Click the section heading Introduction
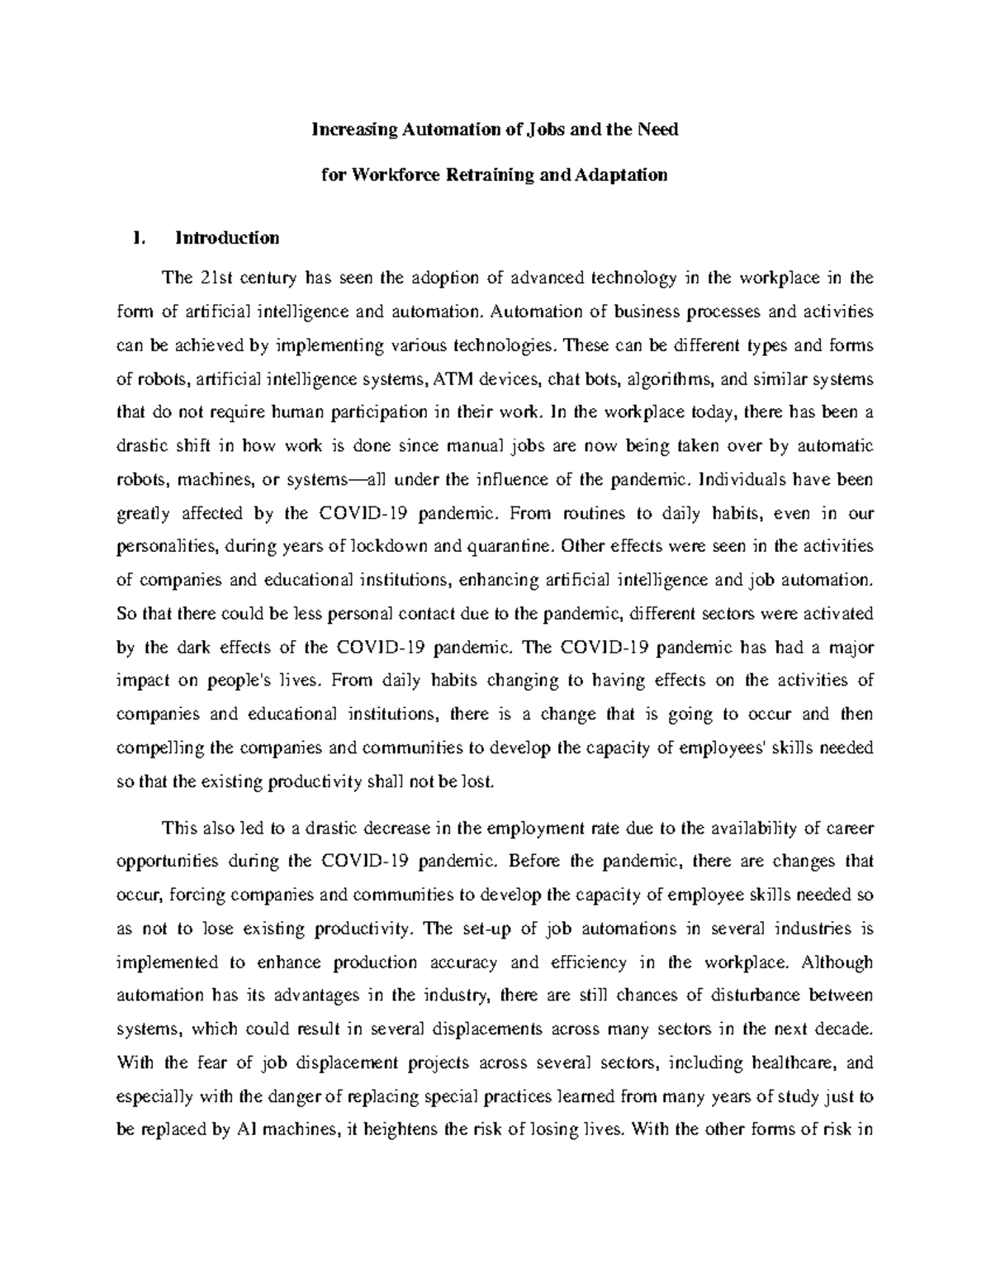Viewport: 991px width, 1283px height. click(227, 238)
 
